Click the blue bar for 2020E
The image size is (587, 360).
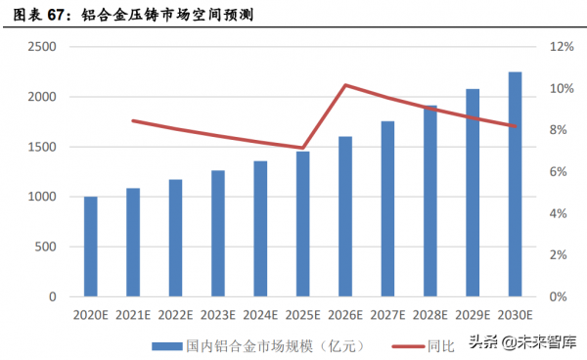point(90,247)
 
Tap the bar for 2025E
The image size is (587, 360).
point(302,224)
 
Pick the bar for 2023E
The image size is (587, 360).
point(217,234)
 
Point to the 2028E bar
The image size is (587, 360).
point(429,201)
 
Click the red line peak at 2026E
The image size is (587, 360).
point(345,85)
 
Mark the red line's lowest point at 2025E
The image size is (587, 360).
point(302,148)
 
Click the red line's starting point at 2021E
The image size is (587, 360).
point(133,120)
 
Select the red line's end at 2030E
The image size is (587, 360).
point(515,126)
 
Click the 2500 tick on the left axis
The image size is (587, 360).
point(41,47)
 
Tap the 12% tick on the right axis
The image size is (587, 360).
point(561,47)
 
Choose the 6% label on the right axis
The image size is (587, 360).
point(558,172)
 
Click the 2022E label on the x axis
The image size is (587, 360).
point(175,314)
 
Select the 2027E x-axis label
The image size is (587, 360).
point(387,314)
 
